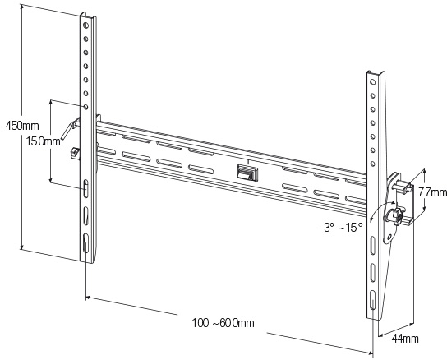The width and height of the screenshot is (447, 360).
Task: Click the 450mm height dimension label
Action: coord(22,126)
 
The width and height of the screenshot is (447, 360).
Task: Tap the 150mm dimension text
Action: coord(44,141)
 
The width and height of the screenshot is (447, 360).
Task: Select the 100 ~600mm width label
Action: coord(223,323)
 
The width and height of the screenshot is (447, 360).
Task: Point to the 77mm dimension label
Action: coord(432,192)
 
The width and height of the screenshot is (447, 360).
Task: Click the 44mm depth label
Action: coord(405,339)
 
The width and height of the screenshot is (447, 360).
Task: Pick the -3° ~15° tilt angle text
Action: coord(341,228)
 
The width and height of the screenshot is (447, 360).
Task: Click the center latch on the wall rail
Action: coord(247,173)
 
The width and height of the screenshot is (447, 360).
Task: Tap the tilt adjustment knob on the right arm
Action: coord(394,215)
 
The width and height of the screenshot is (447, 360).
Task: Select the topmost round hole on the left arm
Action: coord(85,25)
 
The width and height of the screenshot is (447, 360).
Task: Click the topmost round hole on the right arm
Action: coord(372,82)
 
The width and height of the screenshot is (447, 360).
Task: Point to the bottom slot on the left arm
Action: coord(85,243)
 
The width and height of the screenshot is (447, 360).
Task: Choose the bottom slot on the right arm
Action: coord(372,300)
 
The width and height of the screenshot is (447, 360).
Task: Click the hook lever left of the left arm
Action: coord(70,128)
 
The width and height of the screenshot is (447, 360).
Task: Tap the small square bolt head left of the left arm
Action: coord(75,152)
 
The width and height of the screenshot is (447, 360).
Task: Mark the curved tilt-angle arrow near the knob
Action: coord(380,209)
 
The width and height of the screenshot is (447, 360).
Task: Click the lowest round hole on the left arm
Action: coord(85,107)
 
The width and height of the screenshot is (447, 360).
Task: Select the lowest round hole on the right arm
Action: coord(372,164)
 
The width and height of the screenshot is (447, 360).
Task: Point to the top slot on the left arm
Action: coord(85,188)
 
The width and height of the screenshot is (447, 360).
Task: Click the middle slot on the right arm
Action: coord(372,273)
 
